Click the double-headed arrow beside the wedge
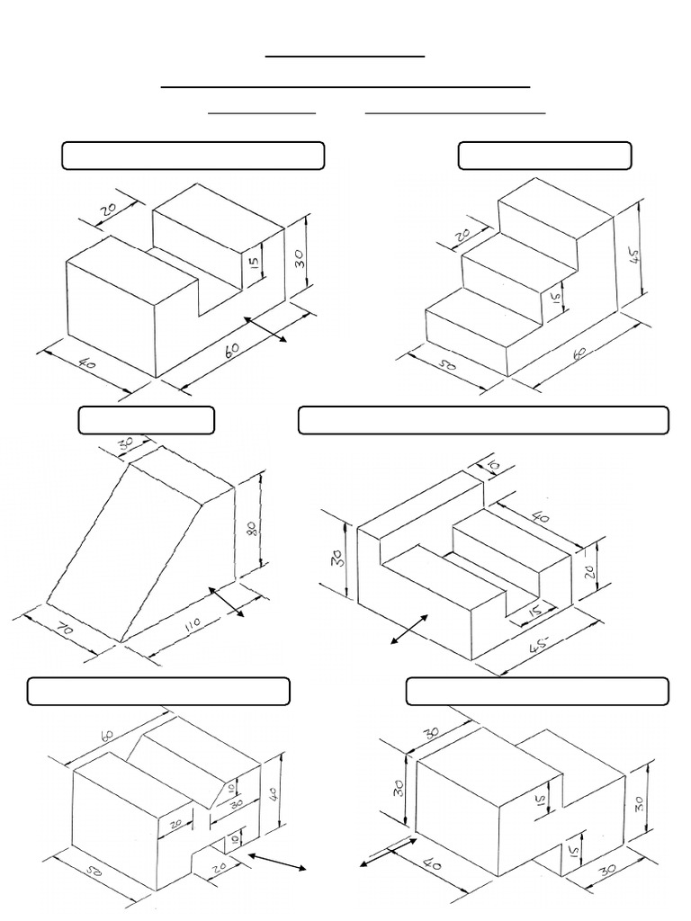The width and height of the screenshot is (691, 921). (x=228, y=602)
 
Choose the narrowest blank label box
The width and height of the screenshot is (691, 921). (x=146, y=420)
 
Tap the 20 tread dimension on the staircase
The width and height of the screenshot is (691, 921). (x=462, y=236)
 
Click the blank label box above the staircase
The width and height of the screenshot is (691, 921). (x=544, y=156)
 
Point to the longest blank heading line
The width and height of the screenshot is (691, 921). (x=345, y=87)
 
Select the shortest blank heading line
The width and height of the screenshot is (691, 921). (x=262, y=114)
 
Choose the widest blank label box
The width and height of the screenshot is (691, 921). (x=483, y=420)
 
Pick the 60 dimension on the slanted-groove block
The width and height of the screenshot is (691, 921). (x=108, y=736)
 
